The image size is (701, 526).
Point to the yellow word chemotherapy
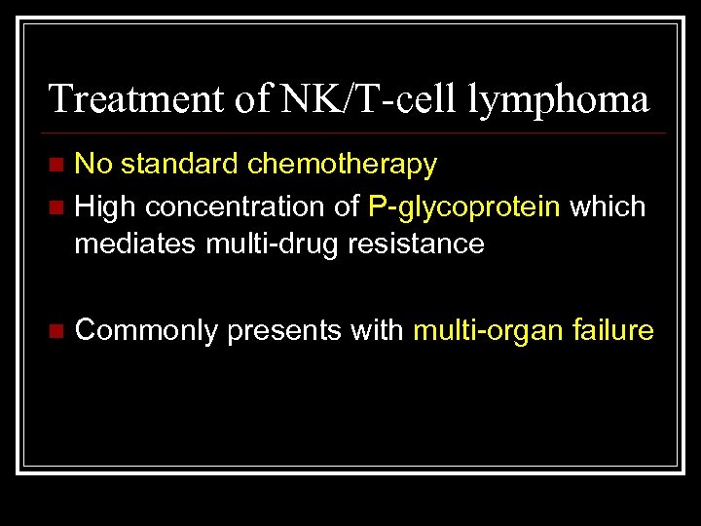(342, 165)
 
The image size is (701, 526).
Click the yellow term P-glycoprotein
(464, 207)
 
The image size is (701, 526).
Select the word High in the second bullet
(105, 207)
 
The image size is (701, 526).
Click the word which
(609, 207)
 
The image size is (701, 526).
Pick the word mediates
(135, 244)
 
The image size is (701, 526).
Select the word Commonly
(146, 330)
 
